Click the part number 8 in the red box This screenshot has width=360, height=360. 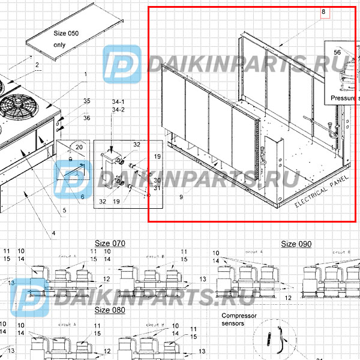(x=323, y=11)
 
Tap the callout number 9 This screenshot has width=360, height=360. (x=179, y=196)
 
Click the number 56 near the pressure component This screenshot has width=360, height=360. (x=337, y=53)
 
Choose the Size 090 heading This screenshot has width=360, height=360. (x=297, y=244)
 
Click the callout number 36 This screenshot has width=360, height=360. (x=87, y=118)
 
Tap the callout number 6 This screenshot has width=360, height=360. (x=82, y=196)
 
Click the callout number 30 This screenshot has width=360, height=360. (x=157, y=180)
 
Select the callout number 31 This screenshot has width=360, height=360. (x=157, y=188)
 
